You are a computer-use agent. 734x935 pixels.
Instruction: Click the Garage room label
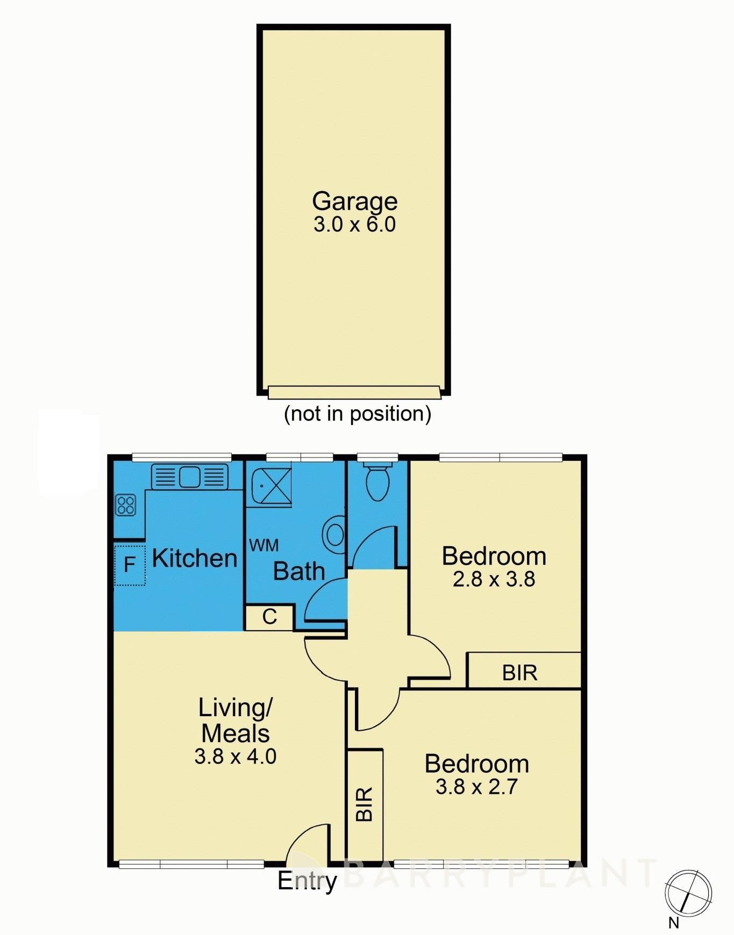tap(354, 202)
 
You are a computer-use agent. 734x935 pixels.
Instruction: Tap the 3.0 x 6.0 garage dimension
tap(354, 224)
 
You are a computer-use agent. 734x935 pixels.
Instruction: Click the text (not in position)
tap(358, 413)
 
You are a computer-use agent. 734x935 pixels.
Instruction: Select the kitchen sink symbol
tap(189, 476)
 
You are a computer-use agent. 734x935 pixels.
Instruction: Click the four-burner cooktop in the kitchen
tap(126, 505)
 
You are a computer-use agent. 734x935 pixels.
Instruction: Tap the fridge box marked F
tap(130, 565)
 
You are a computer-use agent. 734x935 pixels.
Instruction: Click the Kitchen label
tap(195, 558)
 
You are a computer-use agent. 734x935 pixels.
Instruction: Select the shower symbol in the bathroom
tap(269, 487)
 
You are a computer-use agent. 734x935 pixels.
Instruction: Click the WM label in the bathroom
tap(264, 545)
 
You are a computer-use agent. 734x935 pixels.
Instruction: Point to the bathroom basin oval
tap(334, 535)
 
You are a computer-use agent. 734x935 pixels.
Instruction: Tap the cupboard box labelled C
tap(269, 617)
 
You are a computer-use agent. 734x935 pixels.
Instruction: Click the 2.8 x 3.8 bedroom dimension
tap(494, 579)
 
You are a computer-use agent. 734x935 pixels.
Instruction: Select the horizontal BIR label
tap(519, 673)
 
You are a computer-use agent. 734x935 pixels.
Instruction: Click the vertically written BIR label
tap(365, 804)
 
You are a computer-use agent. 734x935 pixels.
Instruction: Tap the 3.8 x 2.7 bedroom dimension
tap(476, 787)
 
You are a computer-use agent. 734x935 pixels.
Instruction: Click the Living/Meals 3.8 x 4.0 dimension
tap(236, 756)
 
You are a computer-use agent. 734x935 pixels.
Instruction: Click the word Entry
tap(307, 881)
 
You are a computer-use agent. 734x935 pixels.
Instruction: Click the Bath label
tap(299, 571)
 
